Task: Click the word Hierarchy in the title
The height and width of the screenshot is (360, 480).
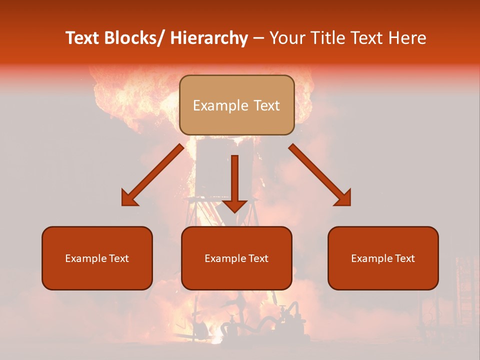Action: (x=209, y=38)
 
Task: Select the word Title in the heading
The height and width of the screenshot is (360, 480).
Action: (x=328, y=38)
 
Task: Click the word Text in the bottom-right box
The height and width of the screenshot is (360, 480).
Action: (x=403, y=258)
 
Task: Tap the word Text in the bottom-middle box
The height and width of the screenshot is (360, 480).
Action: (x=257, y=258)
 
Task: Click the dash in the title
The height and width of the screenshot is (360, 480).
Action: (x=258, y=38)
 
